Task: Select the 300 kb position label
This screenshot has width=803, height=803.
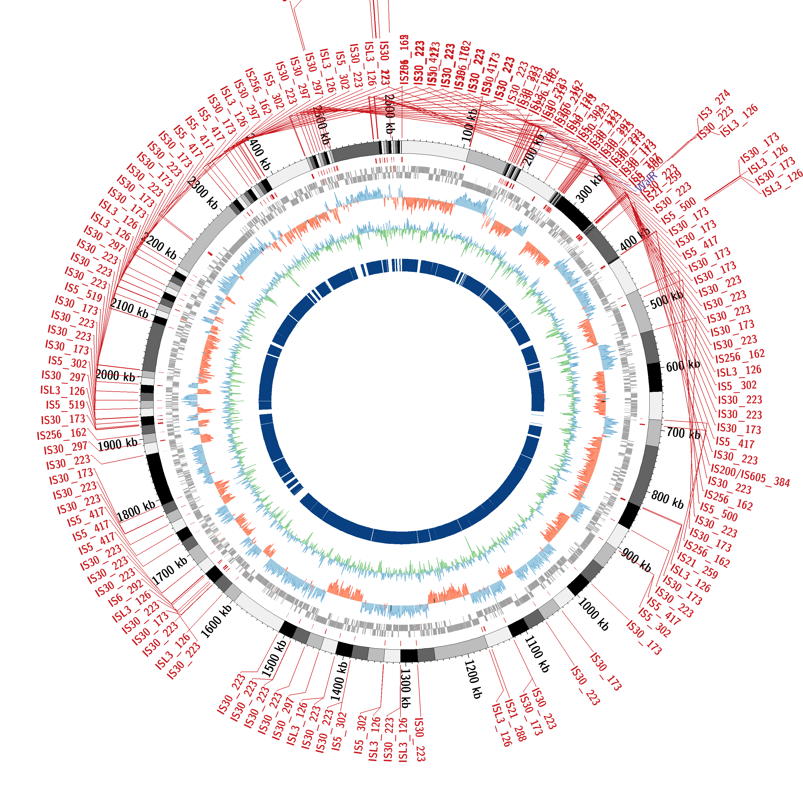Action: (590, 189)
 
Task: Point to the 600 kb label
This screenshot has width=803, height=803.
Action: (683, 366)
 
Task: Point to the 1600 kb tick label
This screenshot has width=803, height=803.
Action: (216, 621)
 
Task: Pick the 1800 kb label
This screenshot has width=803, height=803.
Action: (136, 511)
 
